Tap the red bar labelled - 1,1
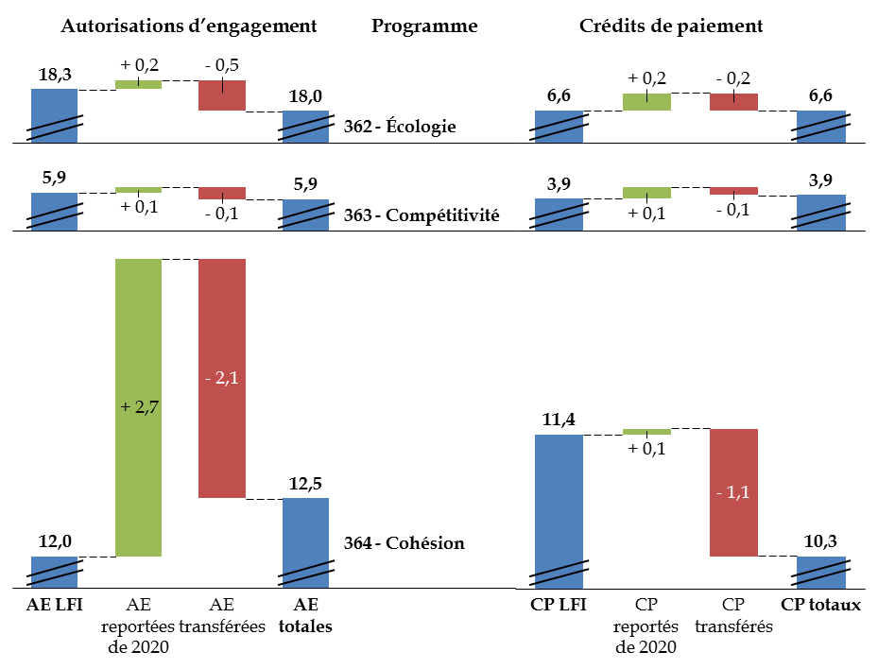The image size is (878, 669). coord(734,529)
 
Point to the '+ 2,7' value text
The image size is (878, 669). coord(139,407)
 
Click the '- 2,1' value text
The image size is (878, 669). coord(222,378)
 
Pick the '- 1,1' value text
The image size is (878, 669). coord(733,492)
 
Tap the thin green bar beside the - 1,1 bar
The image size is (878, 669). coord(647,432)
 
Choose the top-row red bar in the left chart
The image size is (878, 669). coord(222,95)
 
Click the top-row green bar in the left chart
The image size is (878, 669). coord(138,84)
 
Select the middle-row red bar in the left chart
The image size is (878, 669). coord(222,193)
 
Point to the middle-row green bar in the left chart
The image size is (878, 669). coord(138,190)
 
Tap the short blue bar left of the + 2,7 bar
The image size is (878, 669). coord(54,572)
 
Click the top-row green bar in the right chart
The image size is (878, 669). coord(647,102)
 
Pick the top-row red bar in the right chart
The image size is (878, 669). coord(734,102)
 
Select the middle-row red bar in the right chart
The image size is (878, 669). coord(734,191)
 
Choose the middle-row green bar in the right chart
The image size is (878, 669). coord(647,193)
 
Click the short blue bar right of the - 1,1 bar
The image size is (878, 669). coord(821,572)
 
